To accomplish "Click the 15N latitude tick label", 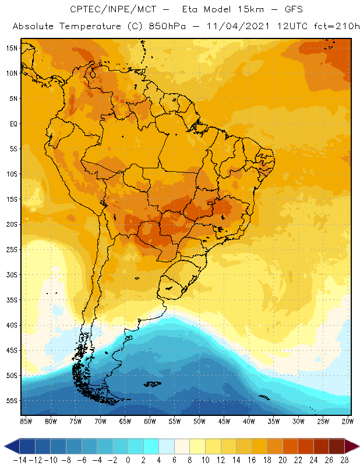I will tap(11, 48).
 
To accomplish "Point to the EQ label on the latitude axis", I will tap(12, 123).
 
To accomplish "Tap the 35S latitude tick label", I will tap(11, 300).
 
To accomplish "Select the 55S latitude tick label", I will tap(11, 401).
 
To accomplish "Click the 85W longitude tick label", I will tap(26, 421).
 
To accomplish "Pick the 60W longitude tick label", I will tap(150, 421).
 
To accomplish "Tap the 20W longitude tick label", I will tap(348, 421).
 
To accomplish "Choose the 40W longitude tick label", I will tap(249, 421).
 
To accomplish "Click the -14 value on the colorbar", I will tap(19, 460).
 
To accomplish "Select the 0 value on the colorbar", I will tap(128, 460).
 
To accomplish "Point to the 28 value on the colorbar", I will tap(344, 460).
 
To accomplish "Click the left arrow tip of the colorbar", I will tap(5, 446).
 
